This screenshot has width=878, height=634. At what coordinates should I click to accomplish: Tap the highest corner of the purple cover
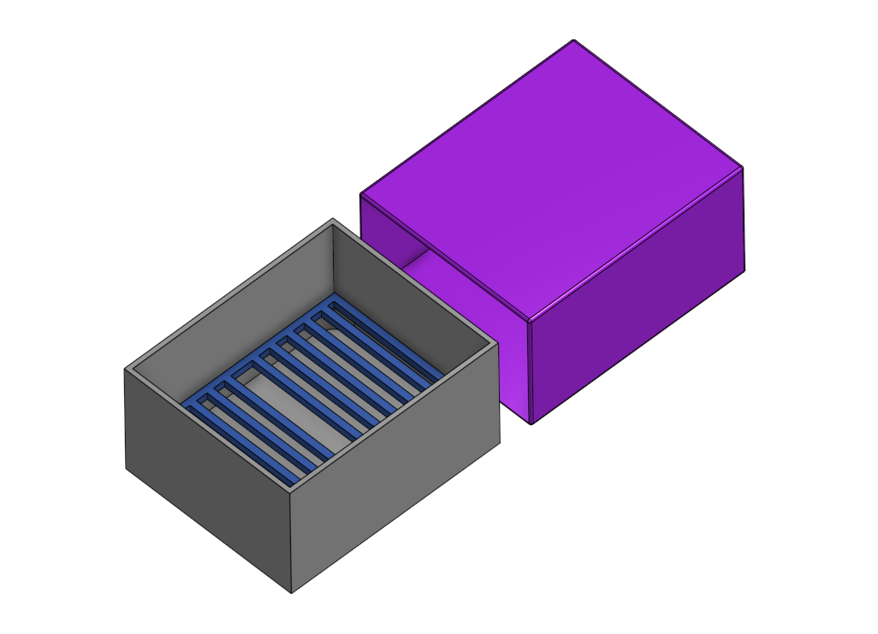[573, 40]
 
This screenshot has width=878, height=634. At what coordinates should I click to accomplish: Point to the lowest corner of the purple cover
[531, 424]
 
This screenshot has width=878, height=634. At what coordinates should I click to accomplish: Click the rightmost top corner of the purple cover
[742, 167]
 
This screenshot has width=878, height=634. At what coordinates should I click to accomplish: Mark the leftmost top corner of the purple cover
[360, 194]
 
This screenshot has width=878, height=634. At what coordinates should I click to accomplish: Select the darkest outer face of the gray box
[205, 479]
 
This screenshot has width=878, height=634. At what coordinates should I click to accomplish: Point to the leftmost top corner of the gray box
[126, 370]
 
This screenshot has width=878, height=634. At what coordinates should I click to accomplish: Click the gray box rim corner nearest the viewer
[291, 492]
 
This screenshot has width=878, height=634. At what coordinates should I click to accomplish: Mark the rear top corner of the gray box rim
[332, 220]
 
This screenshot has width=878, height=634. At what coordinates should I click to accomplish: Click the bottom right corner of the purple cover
[744, 272]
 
